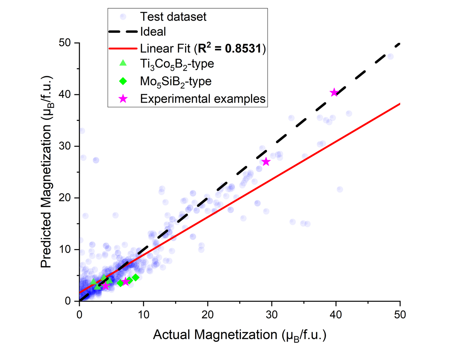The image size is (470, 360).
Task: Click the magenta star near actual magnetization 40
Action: (x=334, y=93)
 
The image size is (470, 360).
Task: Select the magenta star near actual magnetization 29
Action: (x=266, y=162)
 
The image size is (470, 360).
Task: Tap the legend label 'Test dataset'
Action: (x=173, y=17)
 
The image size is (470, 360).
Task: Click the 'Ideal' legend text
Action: (x=153, y=32)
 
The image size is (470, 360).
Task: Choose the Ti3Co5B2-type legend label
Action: (x=177, y=64)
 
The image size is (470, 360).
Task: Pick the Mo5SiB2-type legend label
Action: (x=176, y=81)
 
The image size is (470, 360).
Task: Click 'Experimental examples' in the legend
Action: (x=203, y=99)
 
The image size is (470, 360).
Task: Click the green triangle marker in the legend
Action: (x=123, y=63)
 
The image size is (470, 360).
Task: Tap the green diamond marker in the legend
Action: (x=123, y=81)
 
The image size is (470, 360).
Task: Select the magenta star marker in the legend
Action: (x=123, y=99)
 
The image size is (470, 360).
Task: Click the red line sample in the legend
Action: (x=123, y=48)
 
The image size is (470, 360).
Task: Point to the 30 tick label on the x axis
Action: (x=272, y=314)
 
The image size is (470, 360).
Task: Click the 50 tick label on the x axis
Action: (x=400, y=314)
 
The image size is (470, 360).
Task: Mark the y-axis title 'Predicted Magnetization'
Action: (x=46, y=172)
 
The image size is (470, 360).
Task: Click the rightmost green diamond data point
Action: (x=135, y=278)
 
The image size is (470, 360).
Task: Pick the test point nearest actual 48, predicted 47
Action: (x=390, y=56)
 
